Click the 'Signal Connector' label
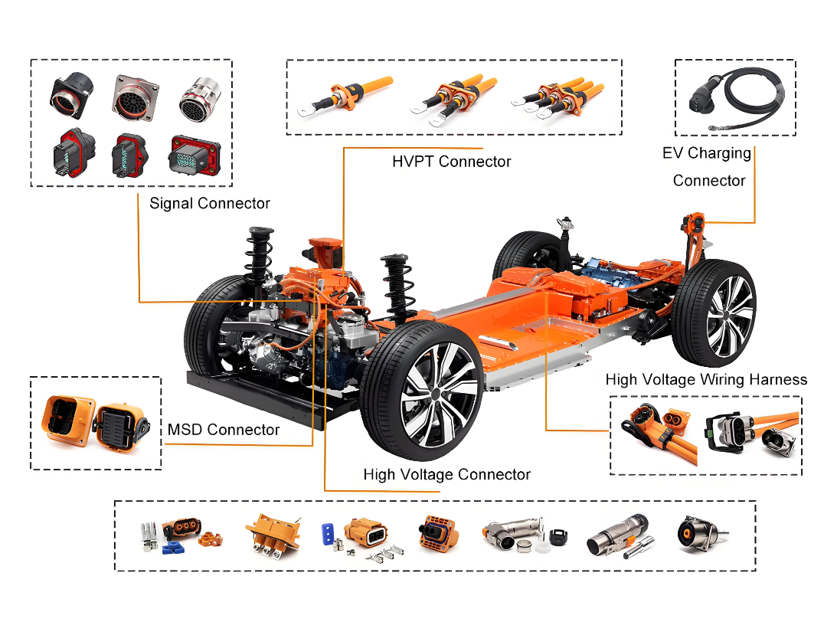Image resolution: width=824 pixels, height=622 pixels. [210, 204]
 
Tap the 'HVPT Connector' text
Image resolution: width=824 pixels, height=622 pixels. [451, 162]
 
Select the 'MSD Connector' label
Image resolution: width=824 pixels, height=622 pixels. [224, 430]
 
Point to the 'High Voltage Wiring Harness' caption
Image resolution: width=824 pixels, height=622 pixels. [706, 380]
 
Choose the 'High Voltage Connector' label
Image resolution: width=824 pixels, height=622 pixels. [446, 475]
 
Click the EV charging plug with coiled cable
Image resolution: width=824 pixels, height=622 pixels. [737, 100]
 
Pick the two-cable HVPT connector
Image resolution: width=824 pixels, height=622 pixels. [453, 100]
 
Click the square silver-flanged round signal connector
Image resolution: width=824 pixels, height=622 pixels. [135, 98]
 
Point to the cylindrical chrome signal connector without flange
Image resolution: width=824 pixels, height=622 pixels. [200, 99]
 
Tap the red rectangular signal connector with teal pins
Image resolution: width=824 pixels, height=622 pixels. [194, 155]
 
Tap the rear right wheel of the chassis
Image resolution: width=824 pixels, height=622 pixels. [714, 313]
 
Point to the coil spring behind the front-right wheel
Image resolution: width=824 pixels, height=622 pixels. [397, 290]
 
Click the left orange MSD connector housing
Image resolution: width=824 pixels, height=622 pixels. [68, 421]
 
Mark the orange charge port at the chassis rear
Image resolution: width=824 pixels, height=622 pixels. [695, 224]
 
